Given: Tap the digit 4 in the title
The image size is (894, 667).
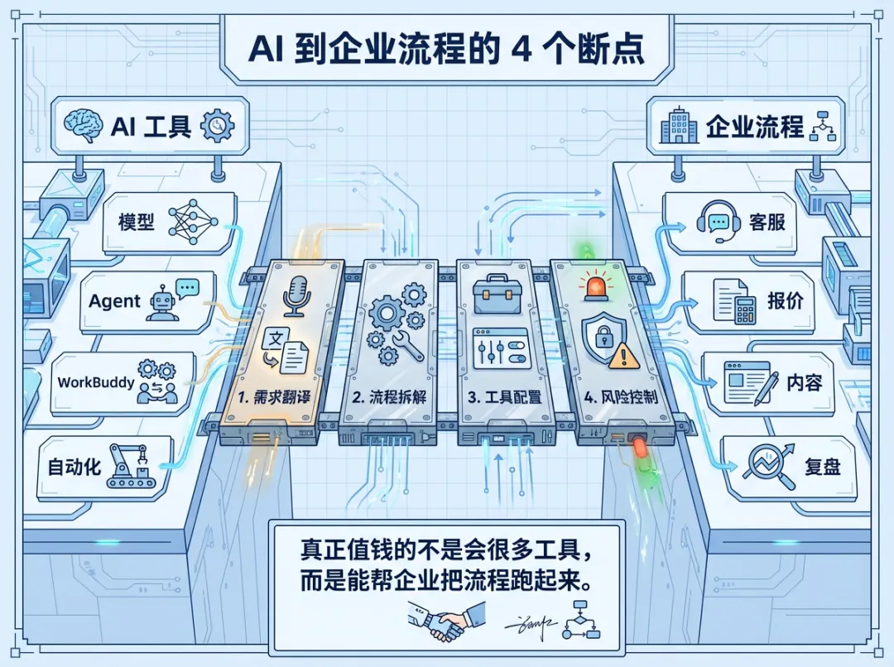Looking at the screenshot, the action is click(x=522, y=47).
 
